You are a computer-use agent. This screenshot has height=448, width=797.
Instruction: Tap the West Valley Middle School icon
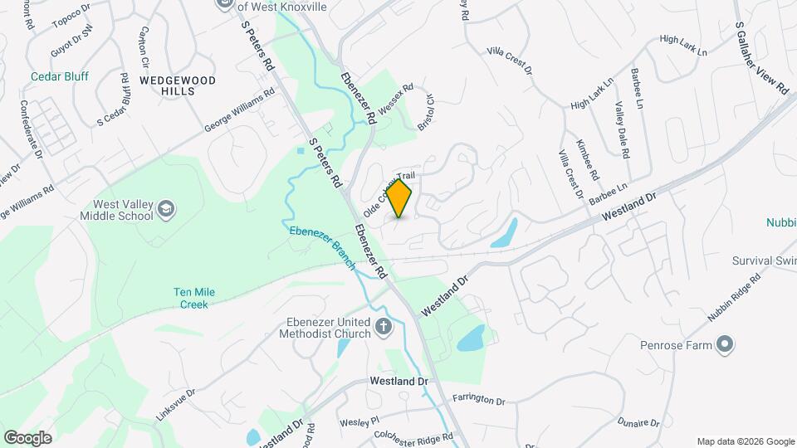tap(166, 208)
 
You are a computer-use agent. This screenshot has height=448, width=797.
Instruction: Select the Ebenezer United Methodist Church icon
tap(383, 326)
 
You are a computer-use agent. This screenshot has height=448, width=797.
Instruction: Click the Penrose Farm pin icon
tap(725, 343)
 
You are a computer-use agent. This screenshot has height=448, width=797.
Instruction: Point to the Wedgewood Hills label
tap(177, 85)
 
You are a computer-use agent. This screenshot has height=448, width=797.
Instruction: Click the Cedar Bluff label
tap(60, 76)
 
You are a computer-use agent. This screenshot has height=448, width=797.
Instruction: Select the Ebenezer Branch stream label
tap(322, 246)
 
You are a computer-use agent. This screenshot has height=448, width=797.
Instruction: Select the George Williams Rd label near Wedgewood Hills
tap(239, 112)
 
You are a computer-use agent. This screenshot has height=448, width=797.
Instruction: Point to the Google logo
tap(27, 437)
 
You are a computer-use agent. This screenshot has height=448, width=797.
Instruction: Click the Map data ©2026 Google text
tap(744, 441)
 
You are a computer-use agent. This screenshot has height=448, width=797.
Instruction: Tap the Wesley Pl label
tap(359, 421)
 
